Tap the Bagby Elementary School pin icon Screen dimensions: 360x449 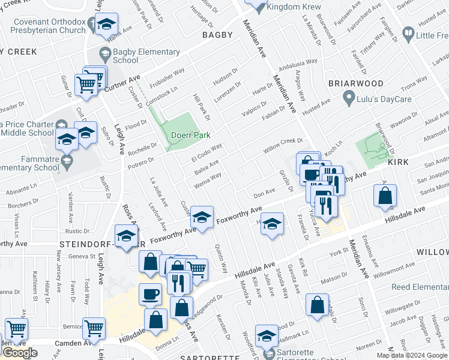104,52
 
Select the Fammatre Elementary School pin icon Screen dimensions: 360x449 66,161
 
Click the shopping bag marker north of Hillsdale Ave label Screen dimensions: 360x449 385,196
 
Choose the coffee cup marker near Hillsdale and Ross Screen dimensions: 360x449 150,294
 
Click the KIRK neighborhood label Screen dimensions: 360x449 397,162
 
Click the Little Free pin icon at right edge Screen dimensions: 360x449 408,34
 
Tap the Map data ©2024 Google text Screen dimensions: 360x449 411,355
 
